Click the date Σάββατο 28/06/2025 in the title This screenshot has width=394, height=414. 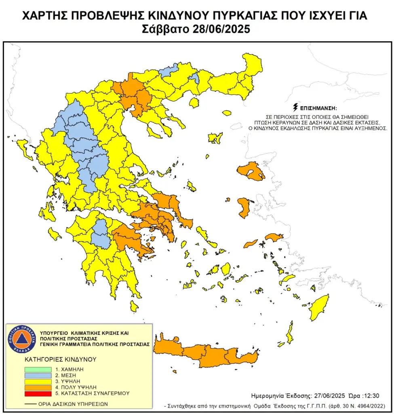tap(196, 29)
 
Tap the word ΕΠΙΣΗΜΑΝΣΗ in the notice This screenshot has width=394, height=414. tap(319, 108)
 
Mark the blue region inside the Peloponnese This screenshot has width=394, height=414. tap(99, 234)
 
